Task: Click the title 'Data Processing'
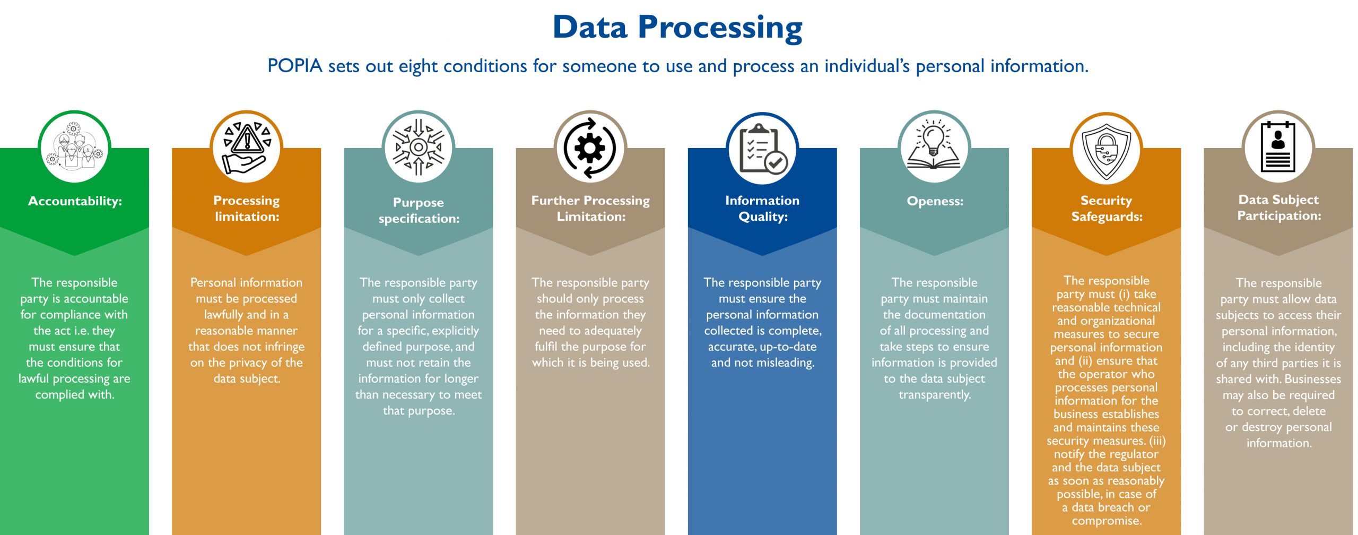[x=677, y=28]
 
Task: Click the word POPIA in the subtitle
[x=295, y=66]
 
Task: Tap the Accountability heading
[x=75, y=201]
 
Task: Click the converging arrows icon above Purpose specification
[x=419, y=147]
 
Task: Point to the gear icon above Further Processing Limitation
[x=590, y=148]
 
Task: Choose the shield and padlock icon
[x=1106, y=152]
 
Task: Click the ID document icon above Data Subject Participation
[x=1278, y=147]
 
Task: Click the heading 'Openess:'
[x=935, y=201]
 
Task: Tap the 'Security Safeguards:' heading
[x=1107, y=208]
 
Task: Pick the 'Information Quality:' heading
[x=762, y=208]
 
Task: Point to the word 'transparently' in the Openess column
[x=935, y=395]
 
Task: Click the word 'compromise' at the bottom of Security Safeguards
[x=1107, y=521]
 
